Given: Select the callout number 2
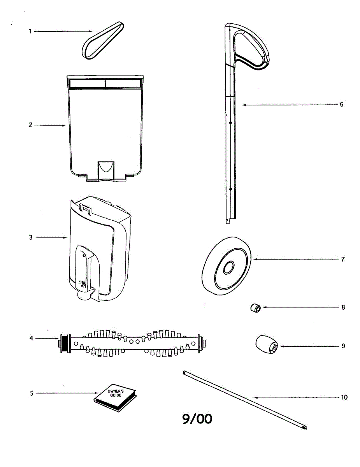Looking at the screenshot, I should (x=30, y=125).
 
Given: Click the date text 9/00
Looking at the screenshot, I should (x=197, y=419).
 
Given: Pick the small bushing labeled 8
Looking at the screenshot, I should (x=256, y=308).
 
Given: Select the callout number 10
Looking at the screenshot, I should (x=344, y=397).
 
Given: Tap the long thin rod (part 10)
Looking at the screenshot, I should (x=244, y=399).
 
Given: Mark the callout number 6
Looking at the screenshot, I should (x=341, y=104).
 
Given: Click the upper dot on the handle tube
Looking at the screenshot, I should (x=230, y=123).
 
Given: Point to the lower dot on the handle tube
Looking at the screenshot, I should (x=230, y=189).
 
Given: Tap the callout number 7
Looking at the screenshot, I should (x=343, y=259).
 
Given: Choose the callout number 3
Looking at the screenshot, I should (x=31, y=237).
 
